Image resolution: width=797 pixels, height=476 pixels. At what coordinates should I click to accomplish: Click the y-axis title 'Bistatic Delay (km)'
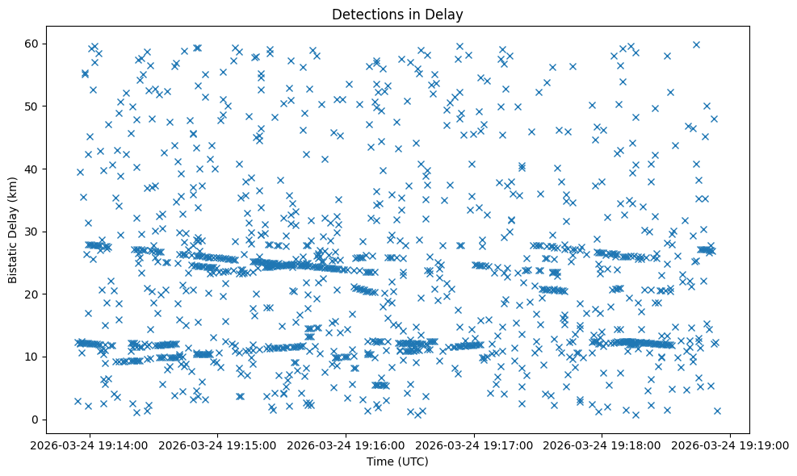[14, 229]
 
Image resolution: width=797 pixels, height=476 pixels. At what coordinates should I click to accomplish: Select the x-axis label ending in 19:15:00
[217, 445]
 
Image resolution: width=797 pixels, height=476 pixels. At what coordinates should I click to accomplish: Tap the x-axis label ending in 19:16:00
[346, 445]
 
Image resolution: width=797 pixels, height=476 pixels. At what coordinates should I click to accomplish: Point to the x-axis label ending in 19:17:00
[474, 445]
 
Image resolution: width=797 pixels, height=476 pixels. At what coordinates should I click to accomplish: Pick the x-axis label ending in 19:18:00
[602, 445]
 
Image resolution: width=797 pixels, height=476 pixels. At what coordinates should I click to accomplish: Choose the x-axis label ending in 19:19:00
[731, 445]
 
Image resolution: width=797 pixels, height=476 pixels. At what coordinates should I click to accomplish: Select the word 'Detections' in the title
[375, 14]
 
